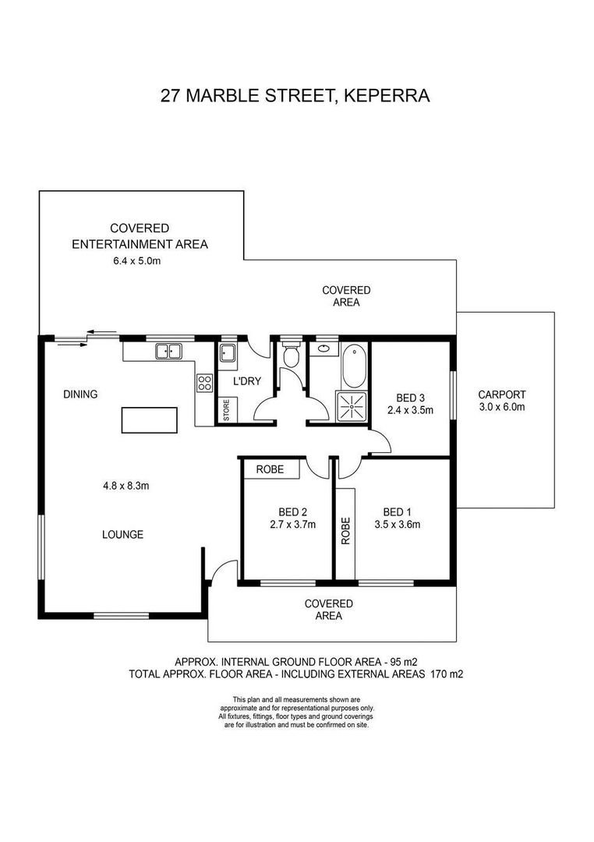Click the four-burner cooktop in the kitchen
pos(204,383)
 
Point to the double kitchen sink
pos(168,352)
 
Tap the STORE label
pos(226,410)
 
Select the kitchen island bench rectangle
pos(150,420)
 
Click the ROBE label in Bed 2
pos(270,469)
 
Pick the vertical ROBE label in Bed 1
pos(345,531)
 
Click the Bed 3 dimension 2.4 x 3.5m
pos(410,410)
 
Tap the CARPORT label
pos(502,394)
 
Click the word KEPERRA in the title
pos(387,96)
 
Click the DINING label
pos(80,394)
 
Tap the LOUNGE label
pos(123,534)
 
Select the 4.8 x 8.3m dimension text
pos(126,486)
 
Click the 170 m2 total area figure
pos(447,674)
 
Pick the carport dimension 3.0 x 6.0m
pos(502,407)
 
